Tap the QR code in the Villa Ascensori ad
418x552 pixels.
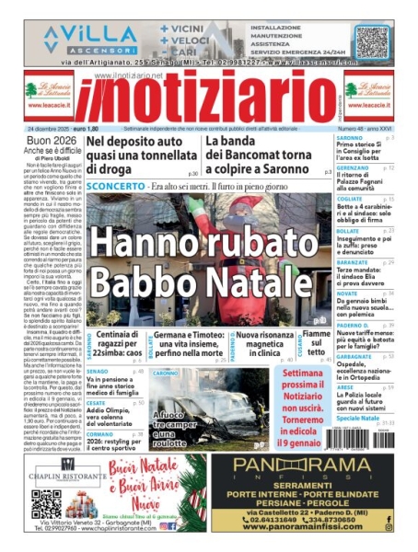tap(372, 40)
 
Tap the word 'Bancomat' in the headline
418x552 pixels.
tap(266, 157)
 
